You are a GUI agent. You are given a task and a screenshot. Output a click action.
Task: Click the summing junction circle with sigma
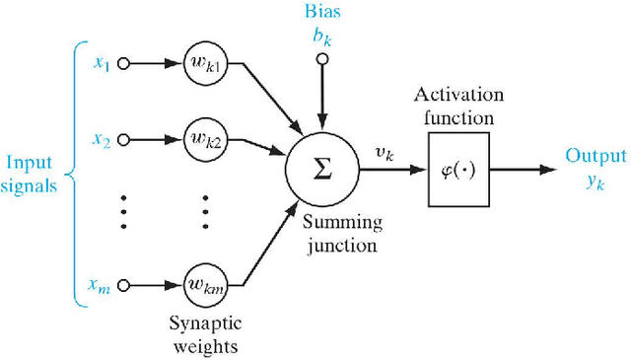pos(320,169)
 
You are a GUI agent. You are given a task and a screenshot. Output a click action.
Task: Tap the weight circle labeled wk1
pos(206,63)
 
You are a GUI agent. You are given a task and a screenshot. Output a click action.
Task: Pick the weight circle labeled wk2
pos(206,141)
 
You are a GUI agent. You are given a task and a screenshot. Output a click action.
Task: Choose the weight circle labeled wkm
pos(206,286)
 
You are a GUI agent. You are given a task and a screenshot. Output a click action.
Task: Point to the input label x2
pos(102,141)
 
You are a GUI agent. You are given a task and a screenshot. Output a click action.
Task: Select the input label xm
pos(101,286)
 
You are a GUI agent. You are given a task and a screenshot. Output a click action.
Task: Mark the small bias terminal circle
pos(320,58)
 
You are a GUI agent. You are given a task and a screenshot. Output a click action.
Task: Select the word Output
pos(596,156)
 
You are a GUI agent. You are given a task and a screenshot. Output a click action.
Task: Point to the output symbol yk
pos(596,180)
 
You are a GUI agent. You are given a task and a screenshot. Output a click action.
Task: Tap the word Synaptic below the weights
pos(206,324)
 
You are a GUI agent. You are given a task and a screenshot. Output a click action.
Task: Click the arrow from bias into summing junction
pos(320,99)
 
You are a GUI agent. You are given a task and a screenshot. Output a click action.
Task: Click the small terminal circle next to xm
pos(123,286)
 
